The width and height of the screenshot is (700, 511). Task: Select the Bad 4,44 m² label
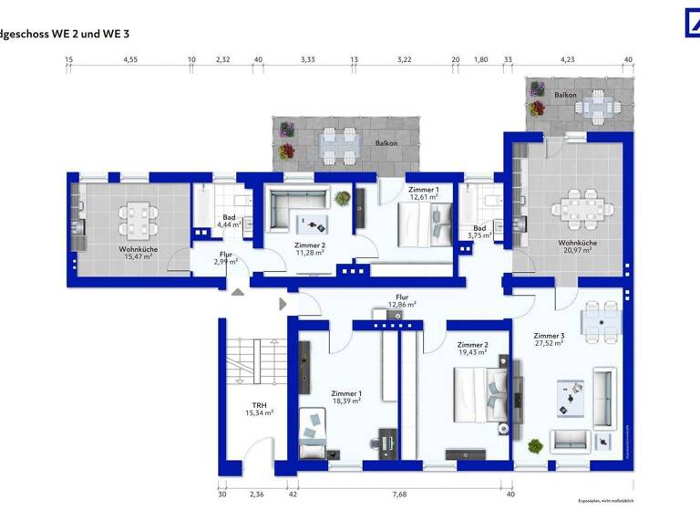pyautogui.click(x=229, y=220)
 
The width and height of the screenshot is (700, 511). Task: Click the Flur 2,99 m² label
pyautogui.click(x=225, y=257)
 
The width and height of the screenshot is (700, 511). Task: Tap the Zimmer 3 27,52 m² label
pyautogui.click(x=548, y=339)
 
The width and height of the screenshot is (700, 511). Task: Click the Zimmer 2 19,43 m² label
pyautogui.click(x=472, y=349)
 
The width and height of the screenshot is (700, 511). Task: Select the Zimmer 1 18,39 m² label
pyautogui.click(x=345, y=396)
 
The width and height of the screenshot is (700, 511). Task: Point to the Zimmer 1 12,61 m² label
pyautogui.click(x=424, y=192)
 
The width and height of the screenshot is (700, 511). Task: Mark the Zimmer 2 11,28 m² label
pyautogui.click(x=310, y=250)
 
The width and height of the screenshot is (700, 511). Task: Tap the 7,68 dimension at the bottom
pyautogui.click(x=399, y=495)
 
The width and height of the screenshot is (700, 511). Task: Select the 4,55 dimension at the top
pyautogui.click(x=130, y=60)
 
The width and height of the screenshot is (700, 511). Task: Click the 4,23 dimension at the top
pyautogui.click(x=567, y=60)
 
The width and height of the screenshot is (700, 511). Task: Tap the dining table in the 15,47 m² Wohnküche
pyautogui.click(x=137, y=218)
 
